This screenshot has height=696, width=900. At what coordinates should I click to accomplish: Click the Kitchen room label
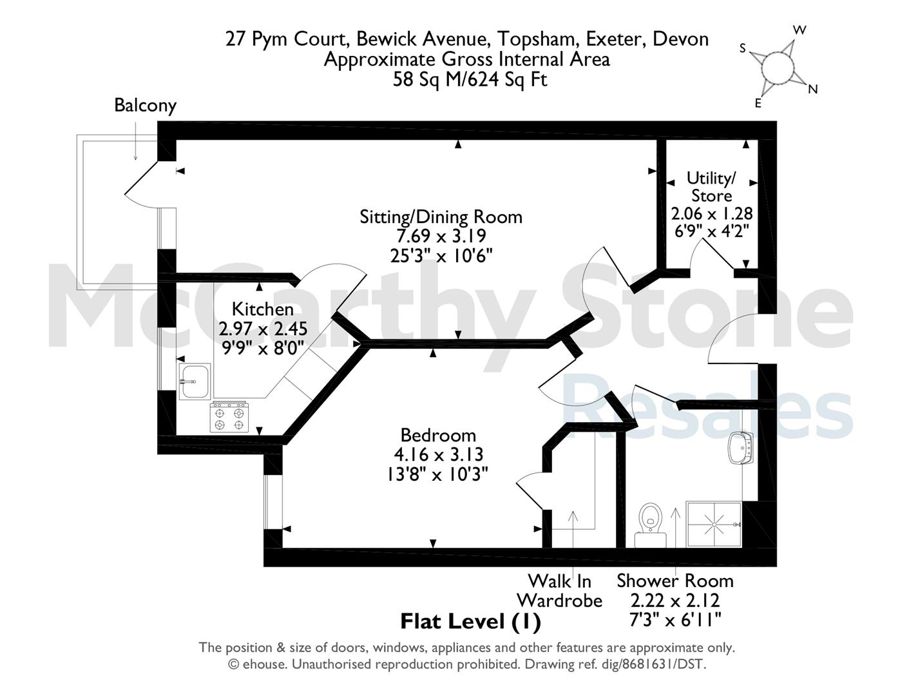point(263,309)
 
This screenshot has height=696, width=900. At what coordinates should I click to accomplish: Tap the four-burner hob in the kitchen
point(229,417)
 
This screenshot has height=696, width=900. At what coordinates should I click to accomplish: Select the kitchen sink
point(195,382)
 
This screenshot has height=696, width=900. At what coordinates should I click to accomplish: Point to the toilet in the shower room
point(650,525)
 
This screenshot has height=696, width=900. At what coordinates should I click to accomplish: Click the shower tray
point(714,525)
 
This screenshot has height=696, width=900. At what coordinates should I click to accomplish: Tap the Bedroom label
point(438,436)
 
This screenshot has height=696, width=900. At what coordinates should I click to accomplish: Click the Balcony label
point(146,106)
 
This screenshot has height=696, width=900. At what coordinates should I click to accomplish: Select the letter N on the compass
point(813,89)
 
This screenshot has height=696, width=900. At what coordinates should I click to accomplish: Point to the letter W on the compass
point(799,30)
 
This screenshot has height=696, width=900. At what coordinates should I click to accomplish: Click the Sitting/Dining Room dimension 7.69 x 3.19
point(441,236)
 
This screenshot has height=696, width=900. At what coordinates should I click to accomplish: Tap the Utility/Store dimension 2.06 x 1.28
point(711,214)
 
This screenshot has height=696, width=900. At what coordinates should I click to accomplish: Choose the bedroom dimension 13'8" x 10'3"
point(438,474)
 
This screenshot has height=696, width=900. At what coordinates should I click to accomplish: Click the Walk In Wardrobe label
point(560,591)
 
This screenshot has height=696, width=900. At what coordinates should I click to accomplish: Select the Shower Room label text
point(675,581)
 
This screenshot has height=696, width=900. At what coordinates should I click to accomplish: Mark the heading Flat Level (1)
point(470,622)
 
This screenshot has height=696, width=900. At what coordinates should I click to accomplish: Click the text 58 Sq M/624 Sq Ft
point(470,79)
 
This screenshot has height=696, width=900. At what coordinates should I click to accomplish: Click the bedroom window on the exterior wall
point(273,501)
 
